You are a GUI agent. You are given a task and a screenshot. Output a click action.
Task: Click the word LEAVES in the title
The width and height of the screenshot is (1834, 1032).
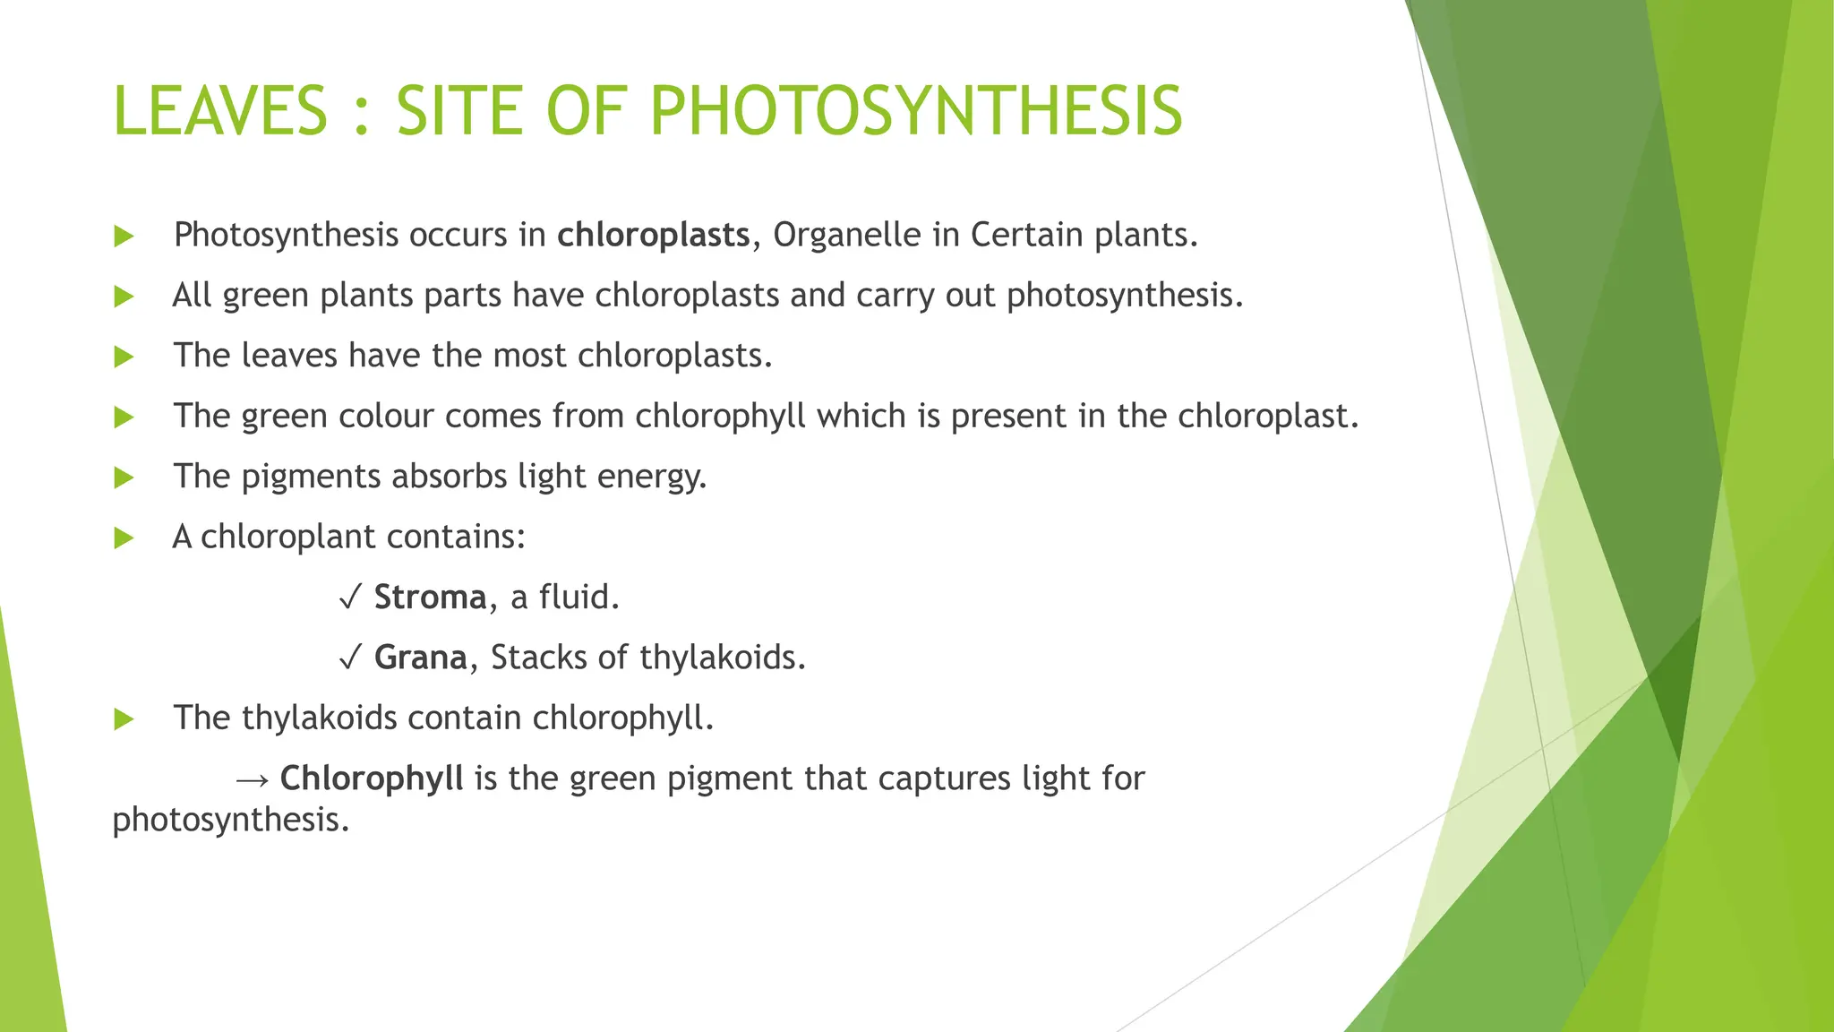(220, 111)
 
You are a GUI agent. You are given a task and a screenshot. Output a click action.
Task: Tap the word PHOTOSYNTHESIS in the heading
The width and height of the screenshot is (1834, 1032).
(915, 111)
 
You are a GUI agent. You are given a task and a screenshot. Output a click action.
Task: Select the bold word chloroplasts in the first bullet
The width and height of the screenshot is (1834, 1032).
(653, 235)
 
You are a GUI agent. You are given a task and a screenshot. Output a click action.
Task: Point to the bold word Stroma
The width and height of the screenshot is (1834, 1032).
(430, 597)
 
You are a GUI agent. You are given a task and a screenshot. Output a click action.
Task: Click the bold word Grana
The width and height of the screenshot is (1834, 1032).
(420, 658)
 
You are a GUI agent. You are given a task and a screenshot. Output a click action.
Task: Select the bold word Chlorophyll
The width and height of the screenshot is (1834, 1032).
(372, 778)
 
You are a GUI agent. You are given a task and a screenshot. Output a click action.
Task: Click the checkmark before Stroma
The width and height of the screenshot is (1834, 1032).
(350, 598)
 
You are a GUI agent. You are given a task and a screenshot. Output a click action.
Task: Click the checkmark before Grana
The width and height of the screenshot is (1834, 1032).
(350, 658)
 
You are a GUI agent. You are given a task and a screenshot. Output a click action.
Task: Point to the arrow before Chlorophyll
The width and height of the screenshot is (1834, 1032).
(253, 779)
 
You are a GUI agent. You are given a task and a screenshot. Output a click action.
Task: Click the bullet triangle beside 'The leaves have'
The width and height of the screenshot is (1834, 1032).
(124, 357)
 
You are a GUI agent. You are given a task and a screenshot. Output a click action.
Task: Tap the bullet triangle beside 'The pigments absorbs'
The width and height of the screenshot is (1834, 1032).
(124, 477)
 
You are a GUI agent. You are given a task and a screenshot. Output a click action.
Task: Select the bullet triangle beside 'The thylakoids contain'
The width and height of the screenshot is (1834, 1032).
(124, 719)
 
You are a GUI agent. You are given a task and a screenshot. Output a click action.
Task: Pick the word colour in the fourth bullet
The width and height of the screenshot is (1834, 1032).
(386, 416)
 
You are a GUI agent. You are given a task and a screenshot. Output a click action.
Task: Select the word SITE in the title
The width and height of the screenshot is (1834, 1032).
(459, 111)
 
